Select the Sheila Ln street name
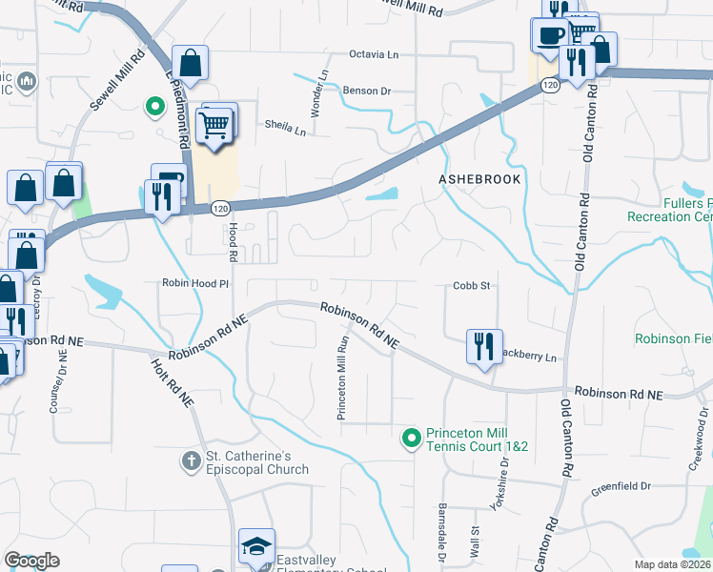[285, 127]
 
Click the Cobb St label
[471, 285]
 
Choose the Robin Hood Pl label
[196, 284]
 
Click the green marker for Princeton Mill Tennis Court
[412, 438]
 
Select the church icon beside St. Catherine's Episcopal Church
[192, 461]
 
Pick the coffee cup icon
[549, 35]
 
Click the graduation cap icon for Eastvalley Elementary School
[255, 546]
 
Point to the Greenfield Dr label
[620, 486]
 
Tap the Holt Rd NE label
[172, 378]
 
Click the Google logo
[31, 561]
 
